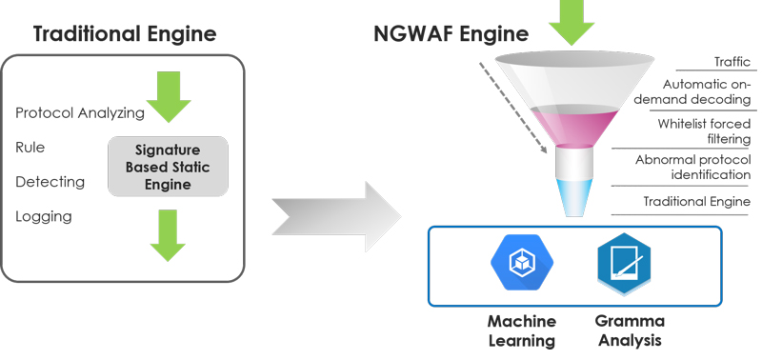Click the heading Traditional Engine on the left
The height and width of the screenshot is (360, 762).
[125, 34]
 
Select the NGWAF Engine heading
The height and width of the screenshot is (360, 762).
[451, 34]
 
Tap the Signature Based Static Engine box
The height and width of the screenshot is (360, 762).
[168, 167]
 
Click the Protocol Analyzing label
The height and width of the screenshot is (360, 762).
[80, 113]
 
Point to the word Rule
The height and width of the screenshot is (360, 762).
[30, 148]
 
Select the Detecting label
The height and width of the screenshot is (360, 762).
[50, 182]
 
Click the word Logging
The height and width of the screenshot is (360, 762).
[45, 216]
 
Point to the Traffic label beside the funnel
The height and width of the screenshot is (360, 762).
[732, 62]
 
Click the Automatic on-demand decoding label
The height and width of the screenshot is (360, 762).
[706, 91]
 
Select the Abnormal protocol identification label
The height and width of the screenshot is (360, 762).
[692, 167]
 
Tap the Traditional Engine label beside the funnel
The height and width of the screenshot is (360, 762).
[696, 201]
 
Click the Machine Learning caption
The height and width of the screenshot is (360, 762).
[521, 330]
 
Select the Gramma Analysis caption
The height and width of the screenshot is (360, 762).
[629, 330]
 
